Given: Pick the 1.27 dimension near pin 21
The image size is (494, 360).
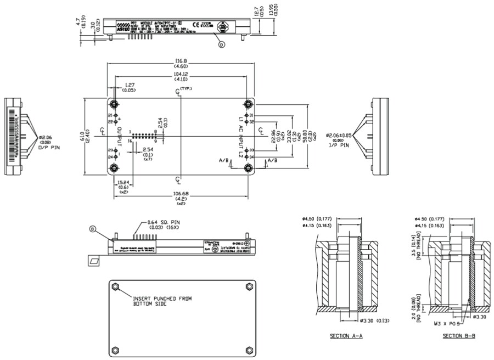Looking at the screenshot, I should [x=130, y=85].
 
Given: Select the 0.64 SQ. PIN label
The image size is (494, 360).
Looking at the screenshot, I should [x=162, y=222].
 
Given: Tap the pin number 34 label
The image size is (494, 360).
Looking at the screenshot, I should [x=251, y=157].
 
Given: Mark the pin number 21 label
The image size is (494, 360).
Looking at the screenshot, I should [x=110, y=116].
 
